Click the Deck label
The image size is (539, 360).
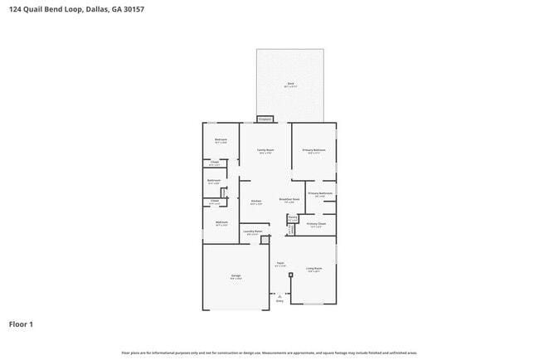coord(291,84)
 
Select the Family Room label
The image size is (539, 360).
coord(265,151)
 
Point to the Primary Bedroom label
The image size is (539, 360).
coord(313,151)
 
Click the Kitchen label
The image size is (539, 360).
coord(256,202)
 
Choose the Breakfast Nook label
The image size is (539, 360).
coord(289,200)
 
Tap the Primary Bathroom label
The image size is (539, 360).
coord(320,194)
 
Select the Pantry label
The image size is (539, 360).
coord(292,218)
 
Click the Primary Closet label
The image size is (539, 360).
coord(316,224)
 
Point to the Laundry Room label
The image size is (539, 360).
coord(253,232)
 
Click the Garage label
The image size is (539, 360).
coord(236,276)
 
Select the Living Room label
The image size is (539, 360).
coord(313,269)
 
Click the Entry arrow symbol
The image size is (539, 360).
coord(279,295)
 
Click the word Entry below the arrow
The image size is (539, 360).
coord(279,301)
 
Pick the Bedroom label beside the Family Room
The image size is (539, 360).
coord(221,140)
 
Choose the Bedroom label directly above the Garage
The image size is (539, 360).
coord(221,223)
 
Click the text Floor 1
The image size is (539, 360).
coord(22,324)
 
